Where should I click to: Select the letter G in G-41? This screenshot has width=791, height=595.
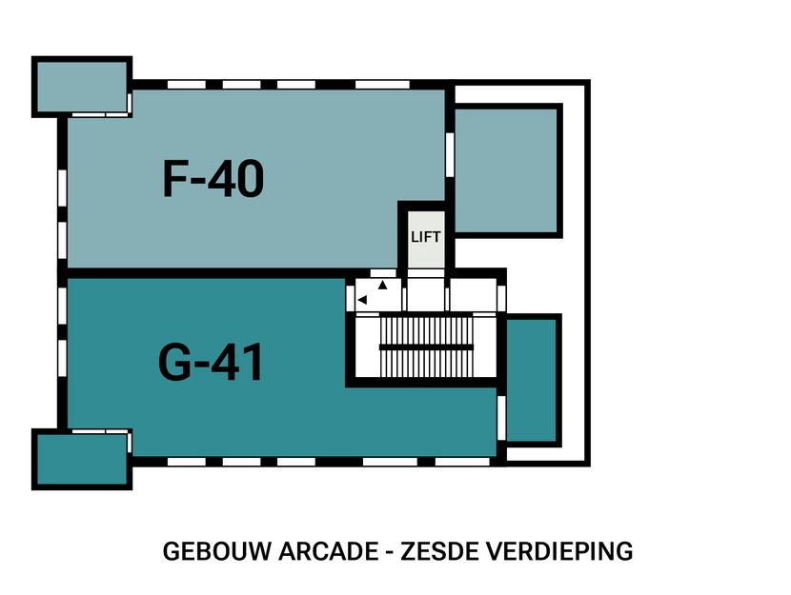tap(177, 363)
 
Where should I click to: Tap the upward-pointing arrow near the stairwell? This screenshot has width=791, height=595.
tap(383, 285)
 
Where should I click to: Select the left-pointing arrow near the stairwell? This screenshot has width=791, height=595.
tap(361, 300)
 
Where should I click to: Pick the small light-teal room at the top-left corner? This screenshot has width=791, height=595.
tap(81, 87)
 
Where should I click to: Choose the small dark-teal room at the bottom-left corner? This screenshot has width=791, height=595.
tap(81, 459)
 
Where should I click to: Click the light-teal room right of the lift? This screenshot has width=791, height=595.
tap(505, 169)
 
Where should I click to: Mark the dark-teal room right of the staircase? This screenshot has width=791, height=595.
tap(530, 380)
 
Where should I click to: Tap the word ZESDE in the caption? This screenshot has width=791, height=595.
tap(436, 550)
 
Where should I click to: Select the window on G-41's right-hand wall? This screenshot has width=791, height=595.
tap(501, 417)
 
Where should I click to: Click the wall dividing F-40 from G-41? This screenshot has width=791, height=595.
tap(205, 273)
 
